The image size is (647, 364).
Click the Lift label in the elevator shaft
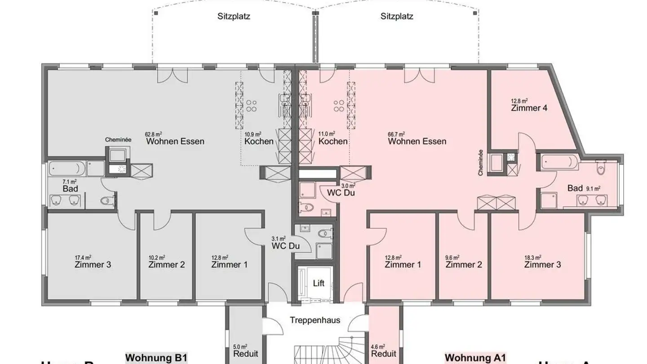318,284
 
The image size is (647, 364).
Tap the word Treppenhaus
315,320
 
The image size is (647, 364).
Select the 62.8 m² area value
153,134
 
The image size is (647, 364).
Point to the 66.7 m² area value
396,134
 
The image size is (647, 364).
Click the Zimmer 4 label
529,108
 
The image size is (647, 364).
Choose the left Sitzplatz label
233,17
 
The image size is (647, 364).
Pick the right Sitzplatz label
397,17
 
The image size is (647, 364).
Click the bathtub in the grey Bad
66,169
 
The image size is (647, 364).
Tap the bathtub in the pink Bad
560,162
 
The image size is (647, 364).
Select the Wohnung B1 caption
155,358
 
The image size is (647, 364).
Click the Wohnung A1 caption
475,358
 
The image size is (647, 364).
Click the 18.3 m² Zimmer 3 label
542,265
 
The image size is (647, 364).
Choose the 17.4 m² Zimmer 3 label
93,265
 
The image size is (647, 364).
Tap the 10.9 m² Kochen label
259,141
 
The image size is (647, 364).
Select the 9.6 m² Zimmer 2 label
464,265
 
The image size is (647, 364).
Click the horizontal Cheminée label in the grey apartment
118,140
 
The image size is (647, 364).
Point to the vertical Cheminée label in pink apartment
481,162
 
